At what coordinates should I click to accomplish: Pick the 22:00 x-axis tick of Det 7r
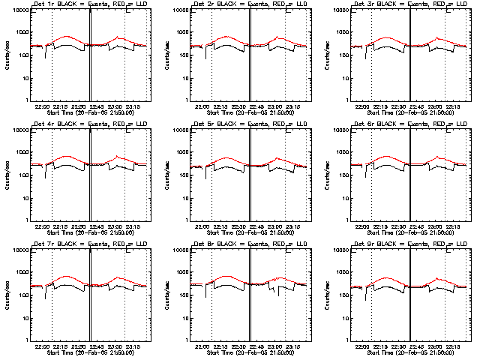click(x=41, y=346)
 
